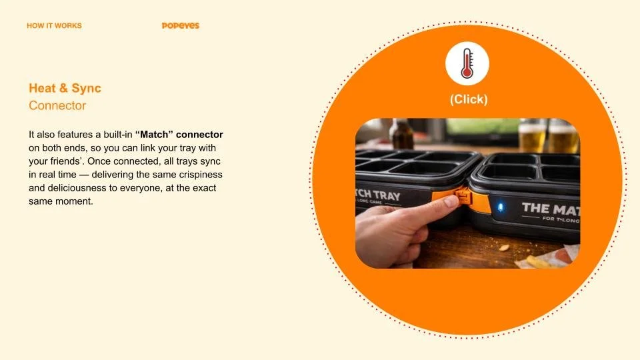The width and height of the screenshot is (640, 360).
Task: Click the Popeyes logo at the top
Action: pos(180,26)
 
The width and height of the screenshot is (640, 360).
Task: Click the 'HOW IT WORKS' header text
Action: pos(54,26)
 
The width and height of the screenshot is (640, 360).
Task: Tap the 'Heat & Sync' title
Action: pos(65,88)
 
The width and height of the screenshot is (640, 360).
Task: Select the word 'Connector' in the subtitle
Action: pos(57,105)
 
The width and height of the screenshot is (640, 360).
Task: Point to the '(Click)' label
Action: pos(468,99)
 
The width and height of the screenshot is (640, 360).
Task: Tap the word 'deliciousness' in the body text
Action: pos(71,187)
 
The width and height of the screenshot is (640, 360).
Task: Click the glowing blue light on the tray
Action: pos(501,208)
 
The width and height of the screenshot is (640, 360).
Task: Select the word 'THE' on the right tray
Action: pos(536,208)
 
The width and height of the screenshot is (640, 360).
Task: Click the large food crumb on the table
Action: pos(505,248)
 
